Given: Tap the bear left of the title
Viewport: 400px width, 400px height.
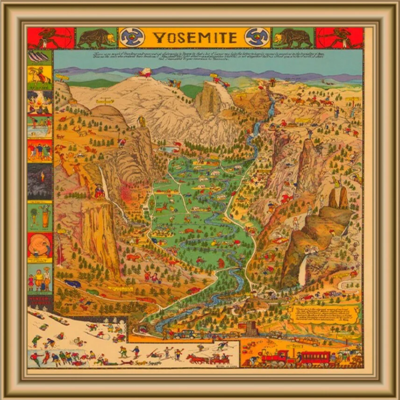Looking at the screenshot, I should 96,38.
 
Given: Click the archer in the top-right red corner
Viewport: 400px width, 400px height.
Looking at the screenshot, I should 340,37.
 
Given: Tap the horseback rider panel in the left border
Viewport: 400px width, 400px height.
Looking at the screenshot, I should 40,78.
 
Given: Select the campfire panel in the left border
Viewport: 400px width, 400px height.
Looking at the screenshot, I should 40,102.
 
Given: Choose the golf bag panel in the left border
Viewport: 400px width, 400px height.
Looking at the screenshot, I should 40,216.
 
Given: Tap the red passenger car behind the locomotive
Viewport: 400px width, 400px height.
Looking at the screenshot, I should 314,358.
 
